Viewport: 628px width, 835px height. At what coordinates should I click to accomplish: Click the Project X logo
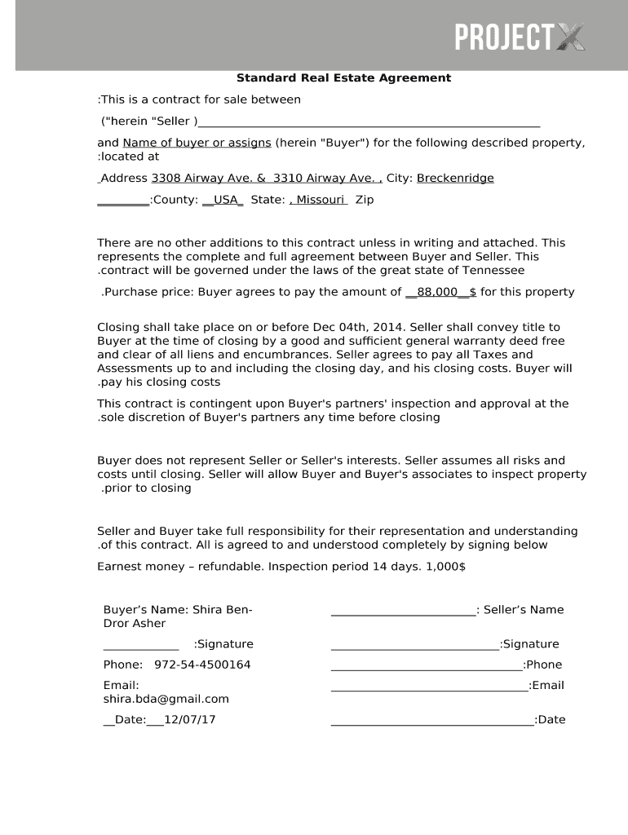click(x=520, y=37)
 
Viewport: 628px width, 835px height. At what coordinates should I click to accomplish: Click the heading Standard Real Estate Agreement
click(x=343, y=78)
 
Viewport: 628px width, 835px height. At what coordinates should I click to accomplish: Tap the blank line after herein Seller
click(x=369, y=122)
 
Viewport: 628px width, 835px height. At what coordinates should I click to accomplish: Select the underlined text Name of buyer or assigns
click(x=197, y=143)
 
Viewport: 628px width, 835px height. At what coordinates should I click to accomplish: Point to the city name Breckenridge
click(x=455, y=179)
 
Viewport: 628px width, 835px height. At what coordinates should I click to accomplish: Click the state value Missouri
click(x=319, y=200)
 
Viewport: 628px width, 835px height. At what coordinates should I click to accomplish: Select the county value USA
click(x=223, y=200)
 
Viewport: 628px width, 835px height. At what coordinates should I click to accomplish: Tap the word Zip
click(x=365, y=200)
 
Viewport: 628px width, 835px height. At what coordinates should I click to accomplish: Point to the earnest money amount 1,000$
click(x=447, y=567)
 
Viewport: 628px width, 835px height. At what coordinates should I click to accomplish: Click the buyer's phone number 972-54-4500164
click(x=202, y=665)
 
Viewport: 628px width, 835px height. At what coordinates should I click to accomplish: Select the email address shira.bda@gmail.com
click(x=166, y=699)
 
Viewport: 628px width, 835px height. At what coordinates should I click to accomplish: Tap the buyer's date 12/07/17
click(x=190, y=720)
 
